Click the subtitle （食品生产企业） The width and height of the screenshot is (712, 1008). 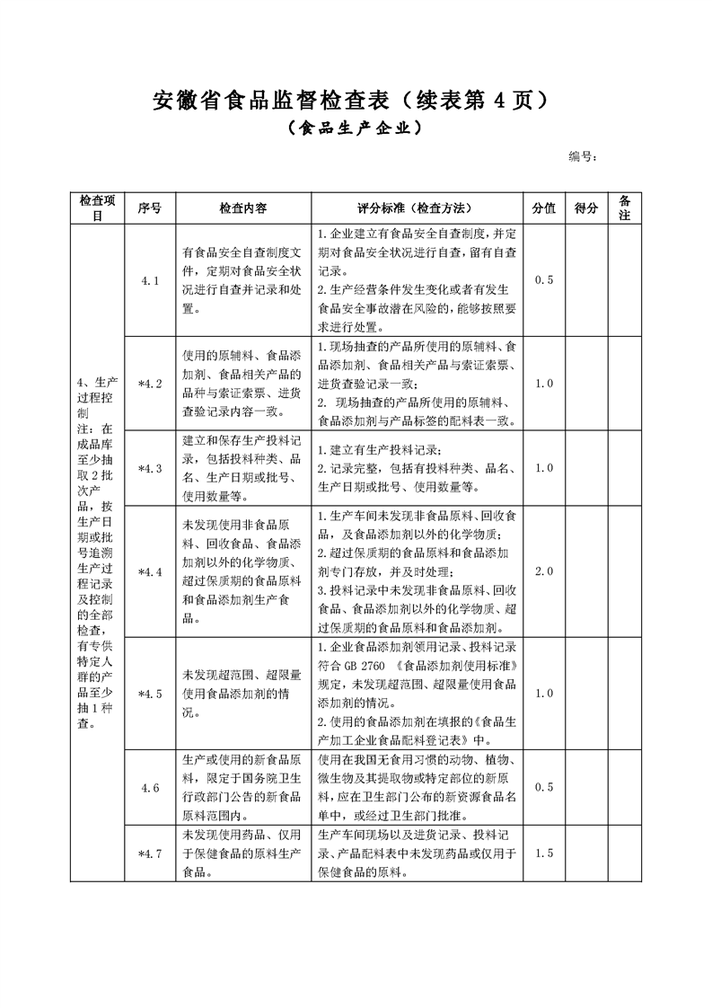(355, 128)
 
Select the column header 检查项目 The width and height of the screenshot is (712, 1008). (98, 208)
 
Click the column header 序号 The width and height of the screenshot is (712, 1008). (150, 208)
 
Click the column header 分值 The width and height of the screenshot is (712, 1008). (544, 208)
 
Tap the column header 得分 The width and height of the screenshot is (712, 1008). (586, 208)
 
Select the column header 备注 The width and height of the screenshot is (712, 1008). (625, 208)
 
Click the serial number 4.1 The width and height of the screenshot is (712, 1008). (150, 280)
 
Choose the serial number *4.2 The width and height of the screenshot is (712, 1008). (150, 384)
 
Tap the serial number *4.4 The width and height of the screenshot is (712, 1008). (150, 571)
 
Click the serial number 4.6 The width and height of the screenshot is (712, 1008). (150, 788)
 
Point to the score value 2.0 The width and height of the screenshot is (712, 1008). (544, 571)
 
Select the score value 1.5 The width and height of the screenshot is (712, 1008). (544, 853)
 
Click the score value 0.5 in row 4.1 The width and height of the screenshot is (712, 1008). (544, 280)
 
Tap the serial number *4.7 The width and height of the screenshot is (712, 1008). (150, 853)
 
